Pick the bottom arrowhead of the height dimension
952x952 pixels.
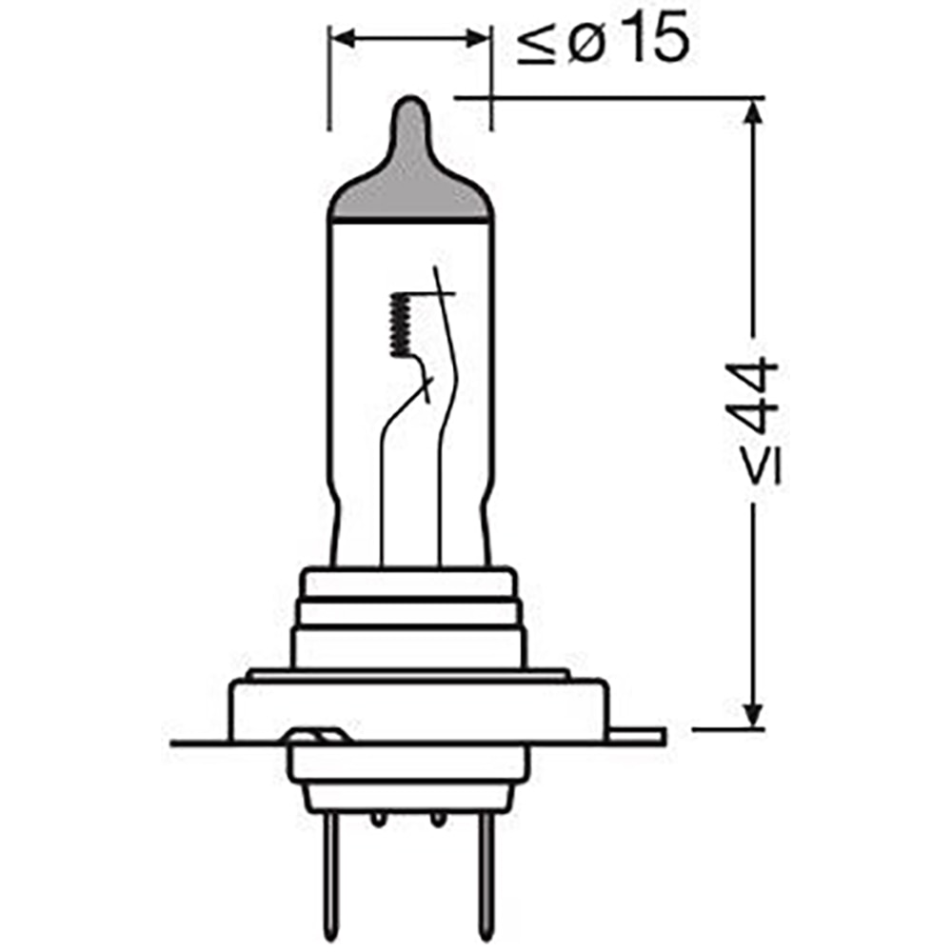753,717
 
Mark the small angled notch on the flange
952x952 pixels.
315,738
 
